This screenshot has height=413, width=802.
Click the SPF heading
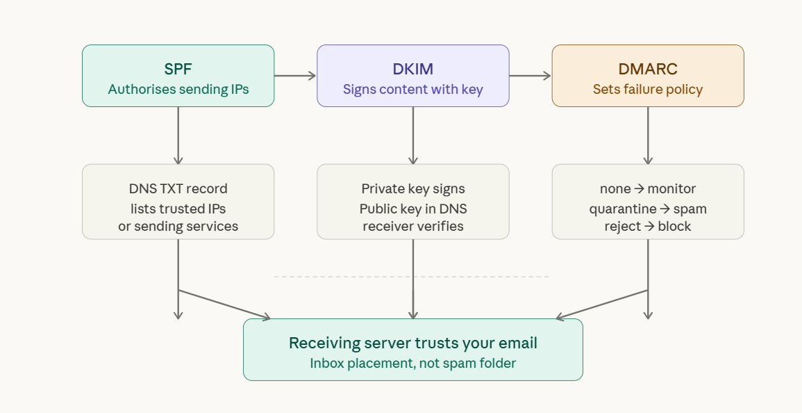[x=178, y=69]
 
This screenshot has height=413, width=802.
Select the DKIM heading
[x=412, y=69]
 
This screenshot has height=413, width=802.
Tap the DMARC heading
[x=647, y=69]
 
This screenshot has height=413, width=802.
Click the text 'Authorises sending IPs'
[x=178, y=89]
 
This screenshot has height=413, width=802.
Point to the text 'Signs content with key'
[x=412, y=89]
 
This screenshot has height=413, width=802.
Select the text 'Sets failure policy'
[x=647, y=89]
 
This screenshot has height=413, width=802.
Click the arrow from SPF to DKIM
[x=295, y=76]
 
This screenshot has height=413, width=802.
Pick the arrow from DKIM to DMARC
[x=530, y=76]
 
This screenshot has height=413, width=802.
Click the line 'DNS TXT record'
[x=178, y=188]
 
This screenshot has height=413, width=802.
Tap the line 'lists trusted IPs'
[x=178, y=208]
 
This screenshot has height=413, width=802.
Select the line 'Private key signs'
[x=412, y=188]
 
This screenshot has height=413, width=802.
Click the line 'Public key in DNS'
[x=412, y=208]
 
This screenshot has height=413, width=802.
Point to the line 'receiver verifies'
[x=412, y=226]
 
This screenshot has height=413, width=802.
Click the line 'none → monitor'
[x=647, y=188]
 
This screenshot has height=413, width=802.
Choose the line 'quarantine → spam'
[x=647, y=208]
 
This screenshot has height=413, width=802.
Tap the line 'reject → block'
[x=647, y=226]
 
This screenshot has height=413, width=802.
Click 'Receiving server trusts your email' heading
[x=412, y=343]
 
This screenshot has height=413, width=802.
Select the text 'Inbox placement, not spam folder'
[x=412, y=363]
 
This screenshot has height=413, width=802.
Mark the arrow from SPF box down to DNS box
[x=178, y=135]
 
